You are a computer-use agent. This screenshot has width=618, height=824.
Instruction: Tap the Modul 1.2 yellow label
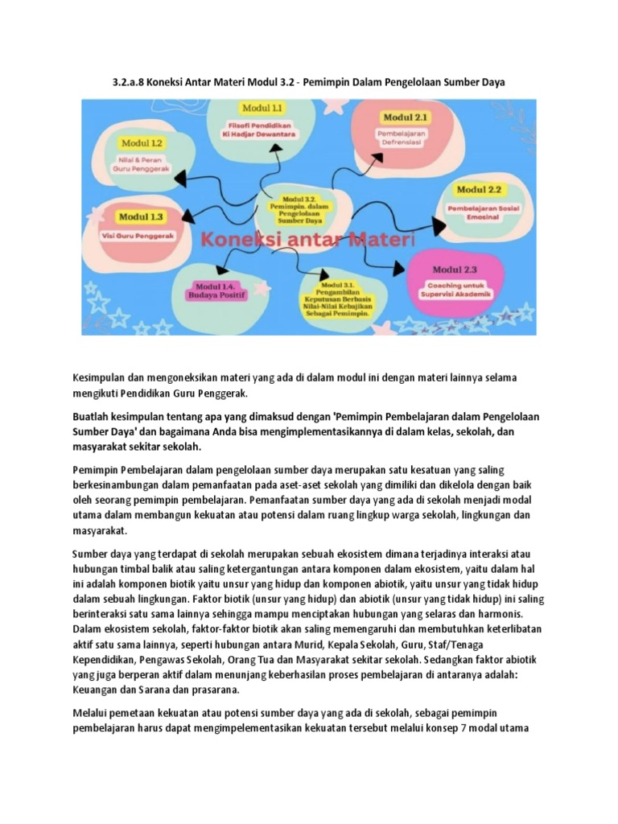142,142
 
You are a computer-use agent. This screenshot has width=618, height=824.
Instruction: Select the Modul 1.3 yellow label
142,216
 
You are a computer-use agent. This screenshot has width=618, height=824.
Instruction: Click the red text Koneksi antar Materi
307,239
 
